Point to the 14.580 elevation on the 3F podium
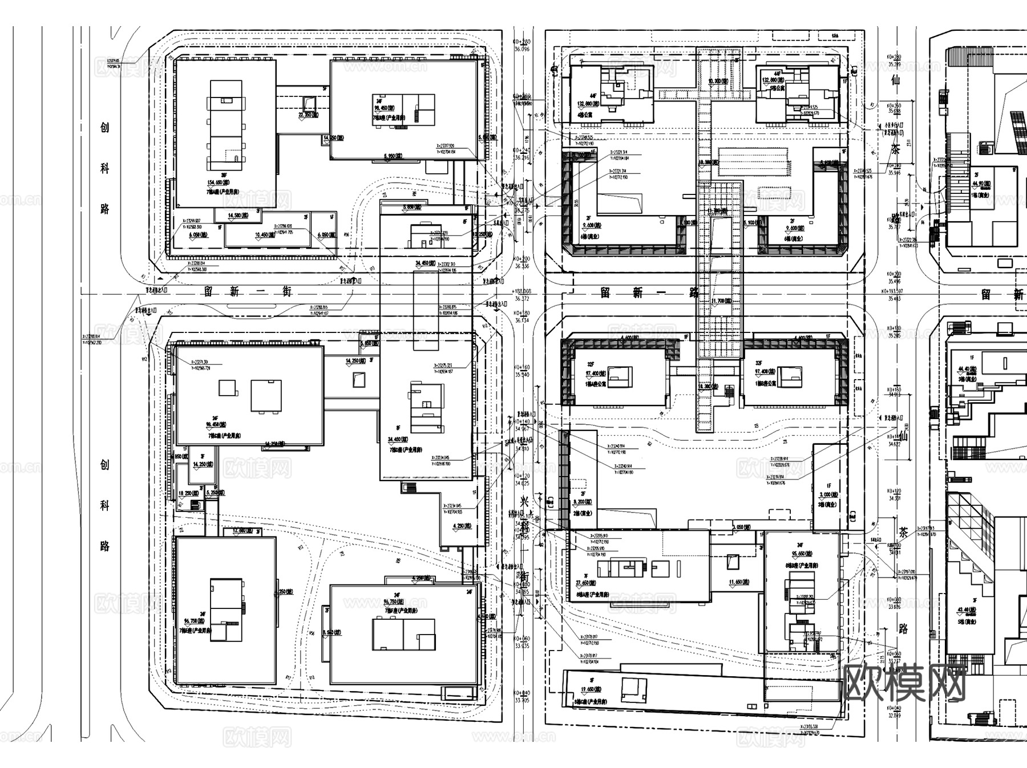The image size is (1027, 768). [x=237, y=216]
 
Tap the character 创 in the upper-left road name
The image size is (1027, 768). [x=104, y=127]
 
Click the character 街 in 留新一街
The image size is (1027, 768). [x=286, y=291]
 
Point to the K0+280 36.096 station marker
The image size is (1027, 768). [x=522, y=46]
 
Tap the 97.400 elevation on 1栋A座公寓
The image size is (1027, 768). [x=596, y=373]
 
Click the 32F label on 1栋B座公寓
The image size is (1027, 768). [x=759, y=364]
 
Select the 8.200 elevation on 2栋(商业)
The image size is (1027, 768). [x=583, y=502]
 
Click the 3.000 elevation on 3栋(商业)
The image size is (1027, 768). [x=828, y=494]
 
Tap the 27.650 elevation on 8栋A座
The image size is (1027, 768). [x=587, y=583]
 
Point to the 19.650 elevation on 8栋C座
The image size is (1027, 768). [x=591, y=689]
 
